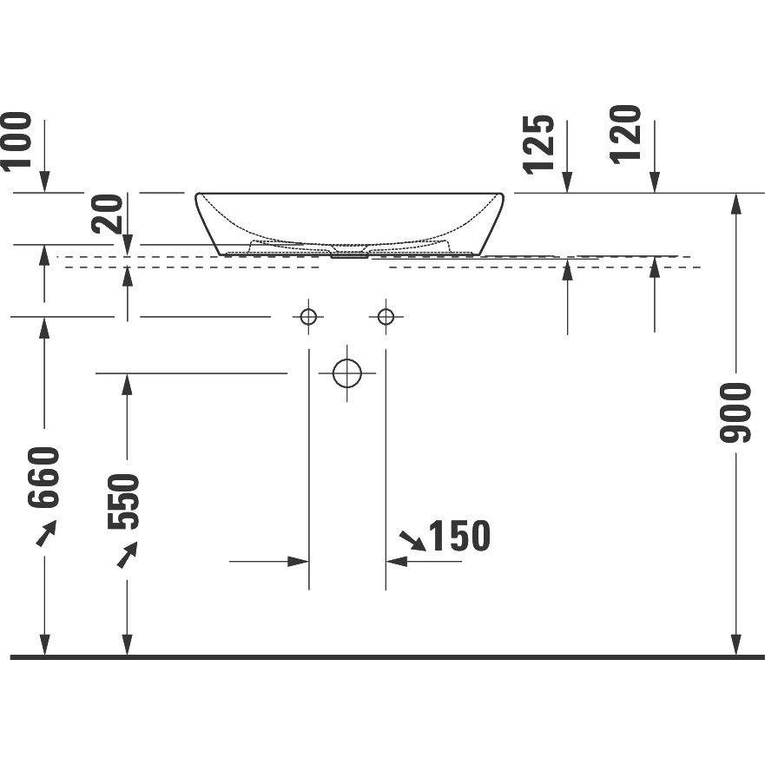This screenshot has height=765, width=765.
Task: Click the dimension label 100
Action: pyautogui.click(x=17, y=142)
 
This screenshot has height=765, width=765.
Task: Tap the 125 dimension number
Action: pyautogui.click(x=539, y=144)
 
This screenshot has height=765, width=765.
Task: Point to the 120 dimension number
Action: pyautogui.click(x=625, y=135)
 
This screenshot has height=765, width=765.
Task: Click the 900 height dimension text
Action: pyautogui.click(x=735, y=412)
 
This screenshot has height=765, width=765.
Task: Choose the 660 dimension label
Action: pyautogui.click(x=43, y=478)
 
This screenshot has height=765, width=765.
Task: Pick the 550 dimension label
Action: pyautogui.click(x=123, y=501)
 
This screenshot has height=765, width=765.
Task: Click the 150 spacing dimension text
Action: pyautogui.click(x=459, y=536)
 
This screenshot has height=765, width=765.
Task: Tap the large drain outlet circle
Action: pyautogui.click(x=346, y=373)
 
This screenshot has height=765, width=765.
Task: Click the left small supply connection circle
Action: pyautogui.click(x=308, y=317)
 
